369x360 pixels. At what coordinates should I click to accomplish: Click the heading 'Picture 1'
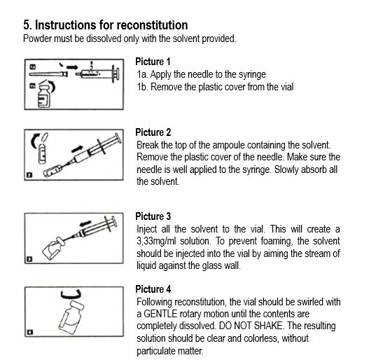(x=153, y=62)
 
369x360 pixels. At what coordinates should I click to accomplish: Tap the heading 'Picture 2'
(x=153, y=132)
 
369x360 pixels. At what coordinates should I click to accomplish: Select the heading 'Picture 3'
(x=153, y=216)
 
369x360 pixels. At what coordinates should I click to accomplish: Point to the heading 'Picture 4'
(x=153, y=289)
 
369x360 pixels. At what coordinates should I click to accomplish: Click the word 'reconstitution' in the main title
(x=152, y=25)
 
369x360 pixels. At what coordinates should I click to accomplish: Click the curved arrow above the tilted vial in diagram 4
(x=71, y=296)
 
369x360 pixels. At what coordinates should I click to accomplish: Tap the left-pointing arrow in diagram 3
(x=85, y=223)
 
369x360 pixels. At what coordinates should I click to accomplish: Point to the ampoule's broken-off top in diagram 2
(x=45, y=137)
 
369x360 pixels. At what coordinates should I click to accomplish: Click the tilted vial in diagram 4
(x=71, y=317)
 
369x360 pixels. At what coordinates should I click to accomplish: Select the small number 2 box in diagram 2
(x=29, y=175)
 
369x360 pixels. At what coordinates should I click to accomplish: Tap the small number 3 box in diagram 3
(x=29, y=259)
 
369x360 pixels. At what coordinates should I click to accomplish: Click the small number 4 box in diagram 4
(x=30, y=332)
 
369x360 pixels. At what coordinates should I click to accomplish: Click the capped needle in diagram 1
(x=48, y=74)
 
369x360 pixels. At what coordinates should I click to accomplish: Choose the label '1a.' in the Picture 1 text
(x=142, y=74)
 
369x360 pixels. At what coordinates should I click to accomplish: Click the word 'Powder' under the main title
(x=37, y=39)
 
